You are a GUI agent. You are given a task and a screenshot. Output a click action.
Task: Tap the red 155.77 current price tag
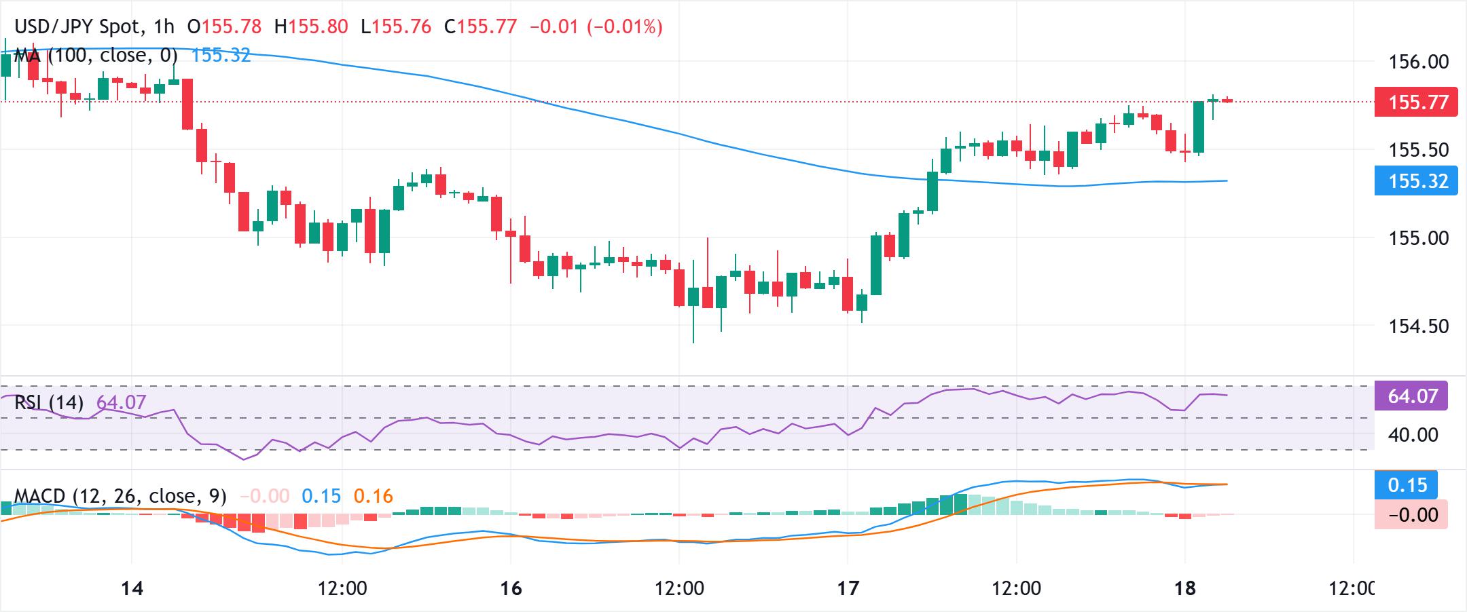tap(1415, 102)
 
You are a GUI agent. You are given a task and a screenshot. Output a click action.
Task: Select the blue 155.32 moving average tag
tap(1415, 181)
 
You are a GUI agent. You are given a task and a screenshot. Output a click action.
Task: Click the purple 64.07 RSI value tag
tap(1411, 396)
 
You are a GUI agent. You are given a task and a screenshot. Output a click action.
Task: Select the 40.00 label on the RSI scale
tap(1413, 434)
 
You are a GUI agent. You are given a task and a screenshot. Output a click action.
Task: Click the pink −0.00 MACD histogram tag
tap(1411, 515)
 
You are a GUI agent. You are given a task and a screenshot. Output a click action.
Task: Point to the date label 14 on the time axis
tap(132, 588)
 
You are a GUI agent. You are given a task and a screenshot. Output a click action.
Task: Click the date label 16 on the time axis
tap(511, 588)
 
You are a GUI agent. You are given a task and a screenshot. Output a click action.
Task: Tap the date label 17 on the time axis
tap(848, 588)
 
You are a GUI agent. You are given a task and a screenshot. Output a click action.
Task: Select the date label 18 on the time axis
tap(1185, 588)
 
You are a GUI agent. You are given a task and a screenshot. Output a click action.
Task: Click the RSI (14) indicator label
tap(49, 403)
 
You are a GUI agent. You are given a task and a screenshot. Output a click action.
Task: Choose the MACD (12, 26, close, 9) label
tap(120, 497)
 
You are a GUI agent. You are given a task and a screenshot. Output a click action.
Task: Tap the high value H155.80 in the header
tap(311, 26)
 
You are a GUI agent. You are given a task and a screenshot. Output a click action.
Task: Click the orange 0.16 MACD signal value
tap(373, 497)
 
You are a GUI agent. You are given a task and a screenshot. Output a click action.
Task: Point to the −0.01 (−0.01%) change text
tap(596, 26)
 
